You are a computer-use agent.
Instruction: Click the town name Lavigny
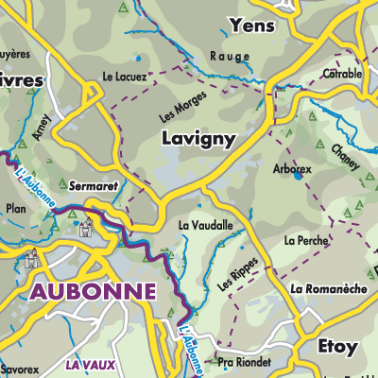[x=198, y=138]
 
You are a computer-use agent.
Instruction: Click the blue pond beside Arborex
[x=298, y=175]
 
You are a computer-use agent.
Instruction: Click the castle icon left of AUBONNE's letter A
[x=32, y=256]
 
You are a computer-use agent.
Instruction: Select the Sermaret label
[x=93, y=186]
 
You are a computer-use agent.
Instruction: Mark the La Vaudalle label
[x=205, y=226]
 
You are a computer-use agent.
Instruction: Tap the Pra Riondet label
[x=244, y=362]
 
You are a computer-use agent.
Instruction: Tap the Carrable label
[x=343, y=74]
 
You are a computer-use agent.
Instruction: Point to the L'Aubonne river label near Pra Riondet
[x=191, y=346]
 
